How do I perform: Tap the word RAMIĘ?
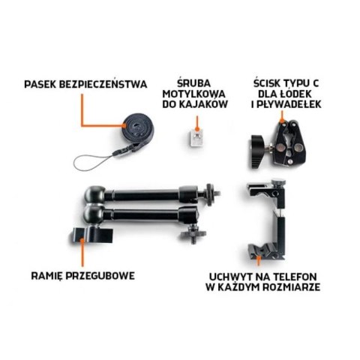[44, 275]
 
